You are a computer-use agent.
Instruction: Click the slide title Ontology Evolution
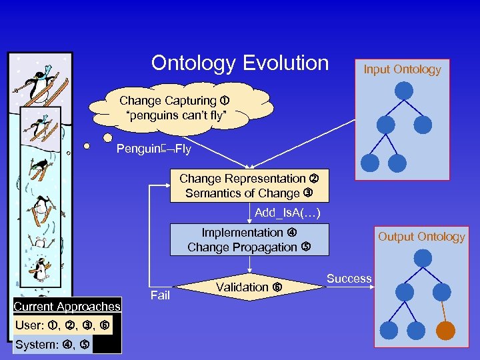pyautogui.click(x=240, y=63)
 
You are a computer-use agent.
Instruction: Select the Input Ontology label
pyautogui.click(x=402, y=69)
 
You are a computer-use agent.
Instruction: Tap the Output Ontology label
pyautogui.click(x=421, y=237)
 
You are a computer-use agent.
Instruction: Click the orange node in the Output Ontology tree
pyautogui.click(x=445, y=331)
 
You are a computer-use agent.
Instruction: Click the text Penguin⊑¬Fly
pyautogui.click(x=153, y=149)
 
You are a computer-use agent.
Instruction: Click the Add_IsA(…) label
pyautogui.click(x=288, y=213)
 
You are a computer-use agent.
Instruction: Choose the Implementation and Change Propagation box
pyautogui.click(x=249, y=240)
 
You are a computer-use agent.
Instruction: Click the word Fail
pyautogui.click(x=160, y=295)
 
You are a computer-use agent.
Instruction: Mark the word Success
pyautogui.click(x=349, y=279)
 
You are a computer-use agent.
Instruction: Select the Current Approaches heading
pyautogui.click(x=67, y=307)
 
